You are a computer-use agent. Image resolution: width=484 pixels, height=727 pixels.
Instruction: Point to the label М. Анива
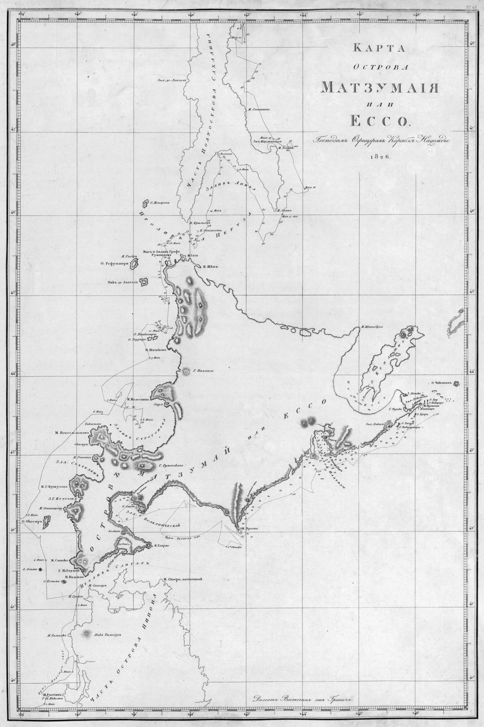283,211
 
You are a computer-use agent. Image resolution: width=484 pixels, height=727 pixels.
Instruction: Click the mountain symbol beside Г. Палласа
186,371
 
